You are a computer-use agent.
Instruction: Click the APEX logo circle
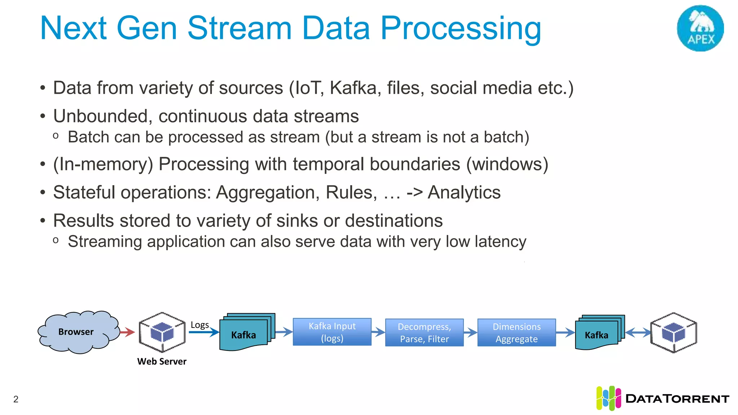pos(700,28)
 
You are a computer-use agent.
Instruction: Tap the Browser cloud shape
pos(77,332)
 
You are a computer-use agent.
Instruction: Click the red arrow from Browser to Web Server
pos(127,332)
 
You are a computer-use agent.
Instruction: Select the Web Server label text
pos(162,361)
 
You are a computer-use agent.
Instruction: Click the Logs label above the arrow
pos(199,325)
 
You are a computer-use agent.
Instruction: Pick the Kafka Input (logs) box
pos(332,332)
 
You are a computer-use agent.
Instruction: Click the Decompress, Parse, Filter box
pos(424,333)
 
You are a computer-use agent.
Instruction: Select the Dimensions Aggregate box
pos(516,333)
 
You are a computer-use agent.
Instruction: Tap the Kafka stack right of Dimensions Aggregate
pos(598,334)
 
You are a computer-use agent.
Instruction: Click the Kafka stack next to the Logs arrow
pos(245,334)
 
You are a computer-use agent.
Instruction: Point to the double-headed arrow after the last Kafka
pos(638,332)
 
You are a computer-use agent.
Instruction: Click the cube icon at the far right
pos(673,332)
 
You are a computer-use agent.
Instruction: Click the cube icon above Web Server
pos(162,332)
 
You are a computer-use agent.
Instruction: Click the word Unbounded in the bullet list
pos(100,116)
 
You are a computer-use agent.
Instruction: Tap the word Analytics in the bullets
pos(464,192)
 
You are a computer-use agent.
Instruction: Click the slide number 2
pos(16,399)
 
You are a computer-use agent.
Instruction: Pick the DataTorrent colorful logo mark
pos(608,398)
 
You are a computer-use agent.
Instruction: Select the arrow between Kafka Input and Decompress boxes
pos(378,332)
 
